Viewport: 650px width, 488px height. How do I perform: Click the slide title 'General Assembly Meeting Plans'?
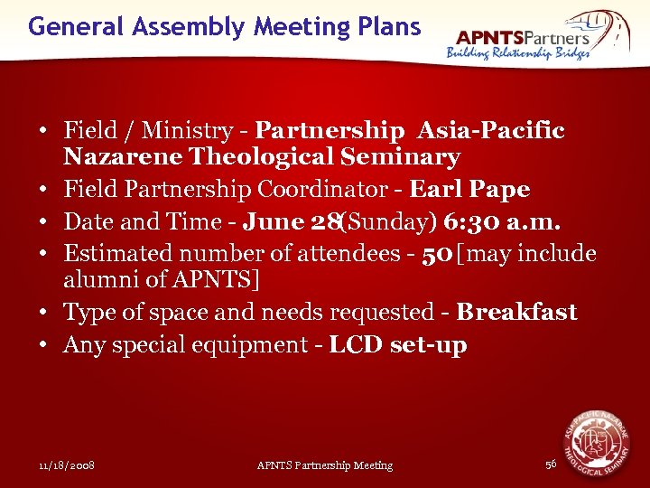pos(224,26)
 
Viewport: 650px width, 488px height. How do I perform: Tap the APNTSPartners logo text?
pos(523,37)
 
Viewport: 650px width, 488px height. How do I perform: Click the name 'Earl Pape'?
pos(469,190)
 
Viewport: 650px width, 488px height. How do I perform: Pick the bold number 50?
pos(438,253)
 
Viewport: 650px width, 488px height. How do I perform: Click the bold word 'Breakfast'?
pos(516,312)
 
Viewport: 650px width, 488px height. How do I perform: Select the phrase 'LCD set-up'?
pos(397,344)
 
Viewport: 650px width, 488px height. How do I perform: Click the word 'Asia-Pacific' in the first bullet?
pos(491,131)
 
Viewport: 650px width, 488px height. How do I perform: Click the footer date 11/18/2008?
pos(68,465)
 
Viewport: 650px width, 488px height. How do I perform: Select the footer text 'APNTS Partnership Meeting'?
pos(325,465)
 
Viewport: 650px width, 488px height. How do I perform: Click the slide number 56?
pos(551,465)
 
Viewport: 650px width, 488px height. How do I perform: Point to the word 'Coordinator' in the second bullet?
pos(330,190)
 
